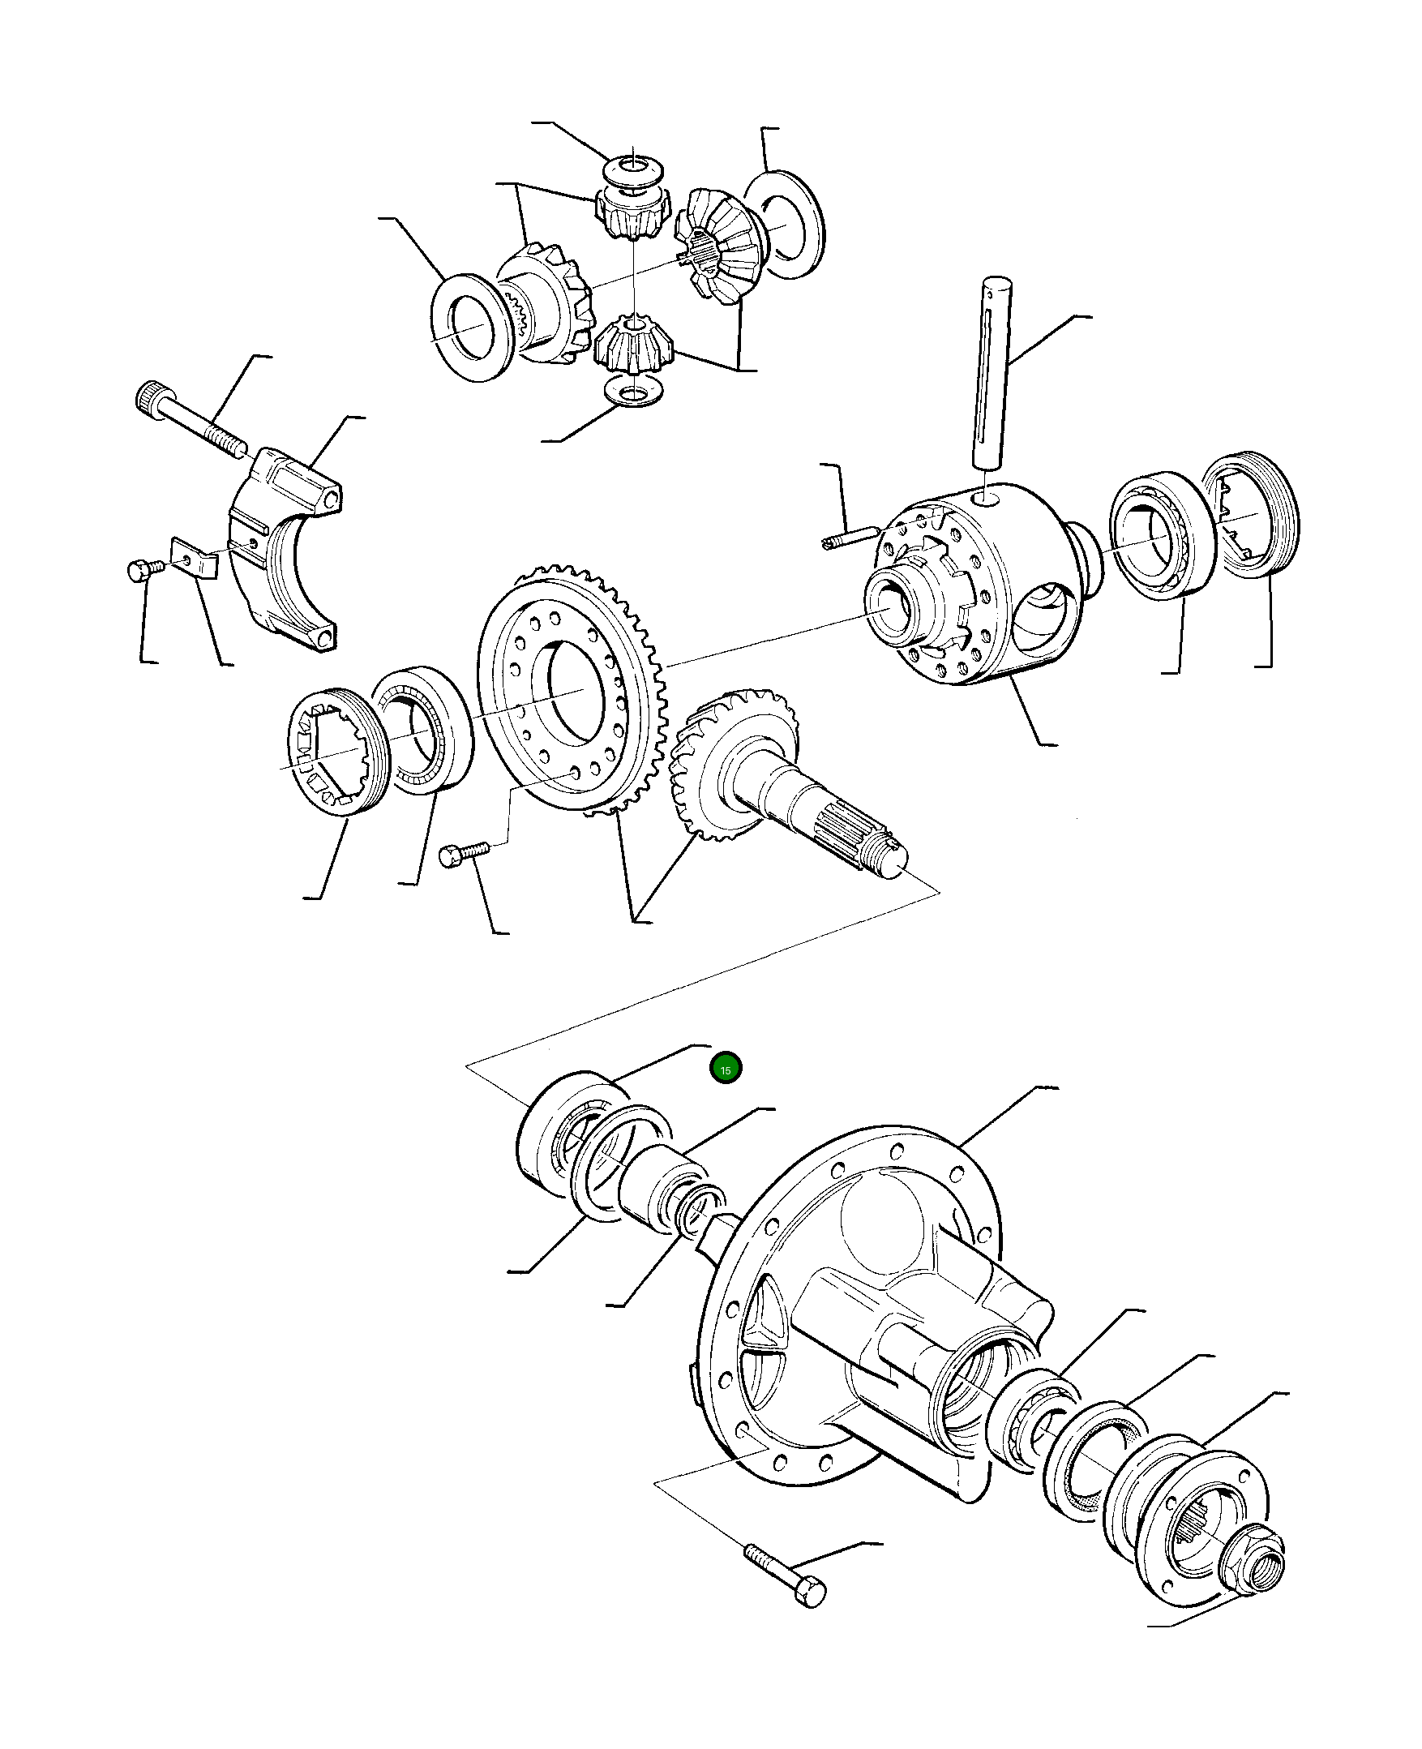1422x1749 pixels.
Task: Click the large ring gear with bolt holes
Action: [573, 689]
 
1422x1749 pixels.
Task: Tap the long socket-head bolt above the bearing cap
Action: [193, 419]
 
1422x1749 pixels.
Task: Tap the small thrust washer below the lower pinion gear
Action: [632, 392]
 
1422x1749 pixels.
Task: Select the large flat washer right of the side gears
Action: [785, 225]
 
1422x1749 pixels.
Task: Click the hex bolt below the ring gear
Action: [464, 853]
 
